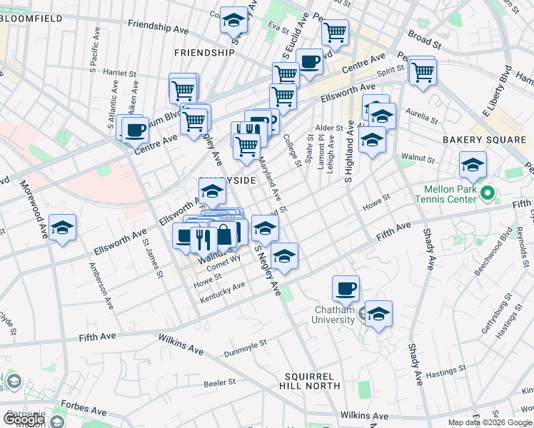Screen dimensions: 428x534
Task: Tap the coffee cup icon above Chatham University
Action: tap(346, 288)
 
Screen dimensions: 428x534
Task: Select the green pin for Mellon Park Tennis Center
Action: tap(488, 193)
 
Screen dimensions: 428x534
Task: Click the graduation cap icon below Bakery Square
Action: tap(473, 165)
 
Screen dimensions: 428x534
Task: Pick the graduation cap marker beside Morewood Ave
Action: tap(63, 228)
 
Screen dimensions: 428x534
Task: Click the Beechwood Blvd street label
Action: tap(488, 248)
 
